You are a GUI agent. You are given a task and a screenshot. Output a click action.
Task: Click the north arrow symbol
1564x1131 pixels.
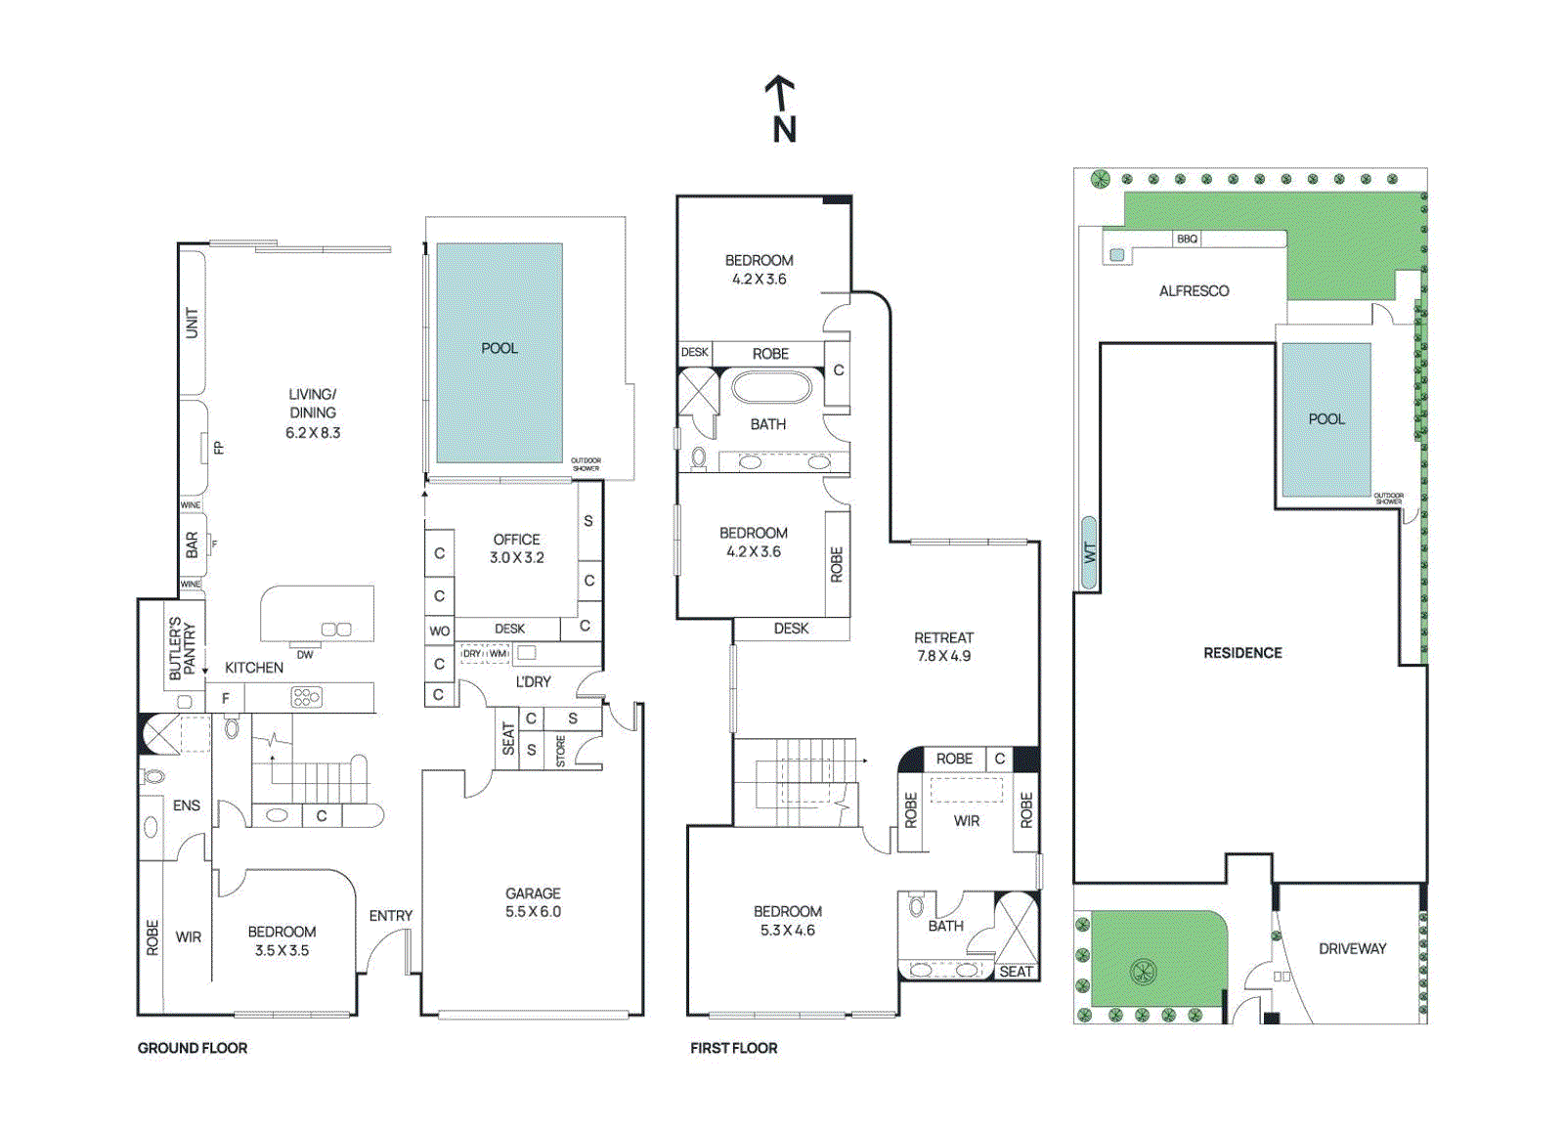point(781,109)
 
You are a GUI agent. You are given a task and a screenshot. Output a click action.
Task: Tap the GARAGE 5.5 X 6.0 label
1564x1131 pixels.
point(533,902)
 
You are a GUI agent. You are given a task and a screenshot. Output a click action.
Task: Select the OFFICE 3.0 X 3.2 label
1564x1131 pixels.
point(516,548)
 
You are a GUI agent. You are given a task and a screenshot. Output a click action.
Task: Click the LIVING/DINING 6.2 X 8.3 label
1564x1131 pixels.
point(313,413)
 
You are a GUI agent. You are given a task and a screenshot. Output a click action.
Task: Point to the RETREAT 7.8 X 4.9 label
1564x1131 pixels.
point(943,646)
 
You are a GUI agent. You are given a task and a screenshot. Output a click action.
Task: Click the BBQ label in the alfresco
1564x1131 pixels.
point(1187,239)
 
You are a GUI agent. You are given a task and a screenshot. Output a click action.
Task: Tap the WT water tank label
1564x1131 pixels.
point(1089,553)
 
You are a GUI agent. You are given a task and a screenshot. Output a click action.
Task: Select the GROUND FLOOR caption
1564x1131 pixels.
point(193,1048)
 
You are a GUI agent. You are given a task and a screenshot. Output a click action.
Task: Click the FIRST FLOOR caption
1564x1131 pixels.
point(733,1048)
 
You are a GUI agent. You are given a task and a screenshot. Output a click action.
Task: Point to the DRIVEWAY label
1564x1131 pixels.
point(1352,948)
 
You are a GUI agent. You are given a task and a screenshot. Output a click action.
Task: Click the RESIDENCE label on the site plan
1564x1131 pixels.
point(1242,653)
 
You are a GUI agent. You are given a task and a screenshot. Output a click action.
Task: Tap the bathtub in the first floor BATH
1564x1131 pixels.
point(771,388)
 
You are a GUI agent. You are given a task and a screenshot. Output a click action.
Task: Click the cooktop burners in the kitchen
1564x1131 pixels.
point(306,697)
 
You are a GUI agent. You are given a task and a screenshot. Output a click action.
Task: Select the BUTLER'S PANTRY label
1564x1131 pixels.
point(182,647)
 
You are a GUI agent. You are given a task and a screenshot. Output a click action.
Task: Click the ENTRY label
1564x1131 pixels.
point(390,916)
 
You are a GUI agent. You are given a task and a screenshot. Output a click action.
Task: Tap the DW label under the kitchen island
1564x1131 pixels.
point(305,654)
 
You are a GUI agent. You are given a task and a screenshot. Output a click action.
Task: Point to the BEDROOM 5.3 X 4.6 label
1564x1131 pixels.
point(787,920)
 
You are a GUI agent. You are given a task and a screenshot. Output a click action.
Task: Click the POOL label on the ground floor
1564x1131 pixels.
point(499,348)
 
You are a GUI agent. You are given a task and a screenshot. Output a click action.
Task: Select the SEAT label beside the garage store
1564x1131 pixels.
point(507,738)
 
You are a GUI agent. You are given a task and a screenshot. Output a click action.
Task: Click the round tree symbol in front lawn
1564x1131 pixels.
point(1143,972)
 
